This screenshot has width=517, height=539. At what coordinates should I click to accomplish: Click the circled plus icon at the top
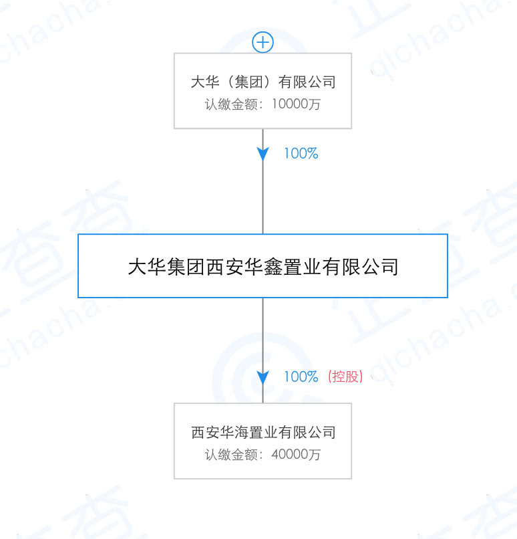click(263, 43)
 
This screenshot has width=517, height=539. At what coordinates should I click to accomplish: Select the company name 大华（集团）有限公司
click(263, 82)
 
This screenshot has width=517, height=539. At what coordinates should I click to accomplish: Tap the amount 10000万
click(296, 104)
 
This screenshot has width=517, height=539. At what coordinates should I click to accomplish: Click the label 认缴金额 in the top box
click(231, 104)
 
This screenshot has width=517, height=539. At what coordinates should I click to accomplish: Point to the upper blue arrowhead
click(263, 154)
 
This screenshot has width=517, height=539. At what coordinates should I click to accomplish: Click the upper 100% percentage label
click(301, 153)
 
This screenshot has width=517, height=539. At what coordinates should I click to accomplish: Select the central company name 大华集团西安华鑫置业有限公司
click(263, 267)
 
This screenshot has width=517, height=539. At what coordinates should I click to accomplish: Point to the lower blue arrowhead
click(263, 377)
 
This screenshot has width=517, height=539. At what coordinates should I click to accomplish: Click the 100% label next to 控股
click(301, 376)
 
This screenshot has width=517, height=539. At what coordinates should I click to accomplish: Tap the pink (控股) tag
click(345, 376)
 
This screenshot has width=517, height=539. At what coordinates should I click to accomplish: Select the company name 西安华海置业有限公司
click(263, 432)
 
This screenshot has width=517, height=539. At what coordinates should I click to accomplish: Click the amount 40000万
click(296, 455)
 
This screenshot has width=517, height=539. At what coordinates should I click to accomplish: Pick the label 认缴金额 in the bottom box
click(231, 455)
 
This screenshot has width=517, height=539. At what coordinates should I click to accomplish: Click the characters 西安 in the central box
click(224, 267)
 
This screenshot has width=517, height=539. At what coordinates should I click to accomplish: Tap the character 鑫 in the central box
click(273, 267)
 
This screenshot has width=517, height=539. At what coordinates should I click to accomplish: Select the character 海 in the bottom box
click(241, 432)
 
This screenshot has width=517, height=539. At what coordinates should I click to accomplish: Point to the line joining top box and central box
click(263, 181)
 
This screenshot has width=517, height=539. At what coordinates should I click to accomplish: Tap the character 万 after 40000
click(314, 455)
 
